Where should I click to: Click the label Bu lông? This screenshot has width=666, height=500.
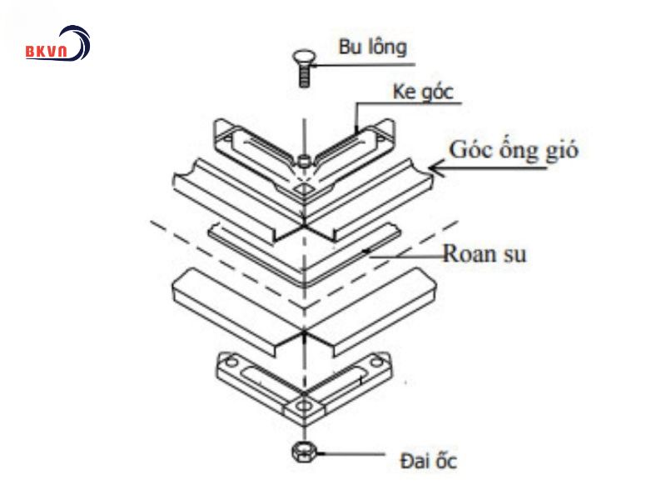373,47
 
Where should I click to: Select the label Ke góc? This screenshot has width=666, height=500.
423,92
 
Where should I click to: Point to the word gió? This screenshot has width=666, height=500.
559,152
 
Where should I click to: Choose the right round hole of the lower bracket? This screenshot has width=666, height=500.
380,364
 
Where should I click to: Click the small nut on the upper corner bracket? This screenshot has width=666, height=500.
305,160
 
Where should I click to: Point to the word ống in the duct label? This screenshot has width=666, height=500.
517,152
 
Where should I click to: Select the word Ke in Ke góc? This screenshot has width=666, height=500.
405,92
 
